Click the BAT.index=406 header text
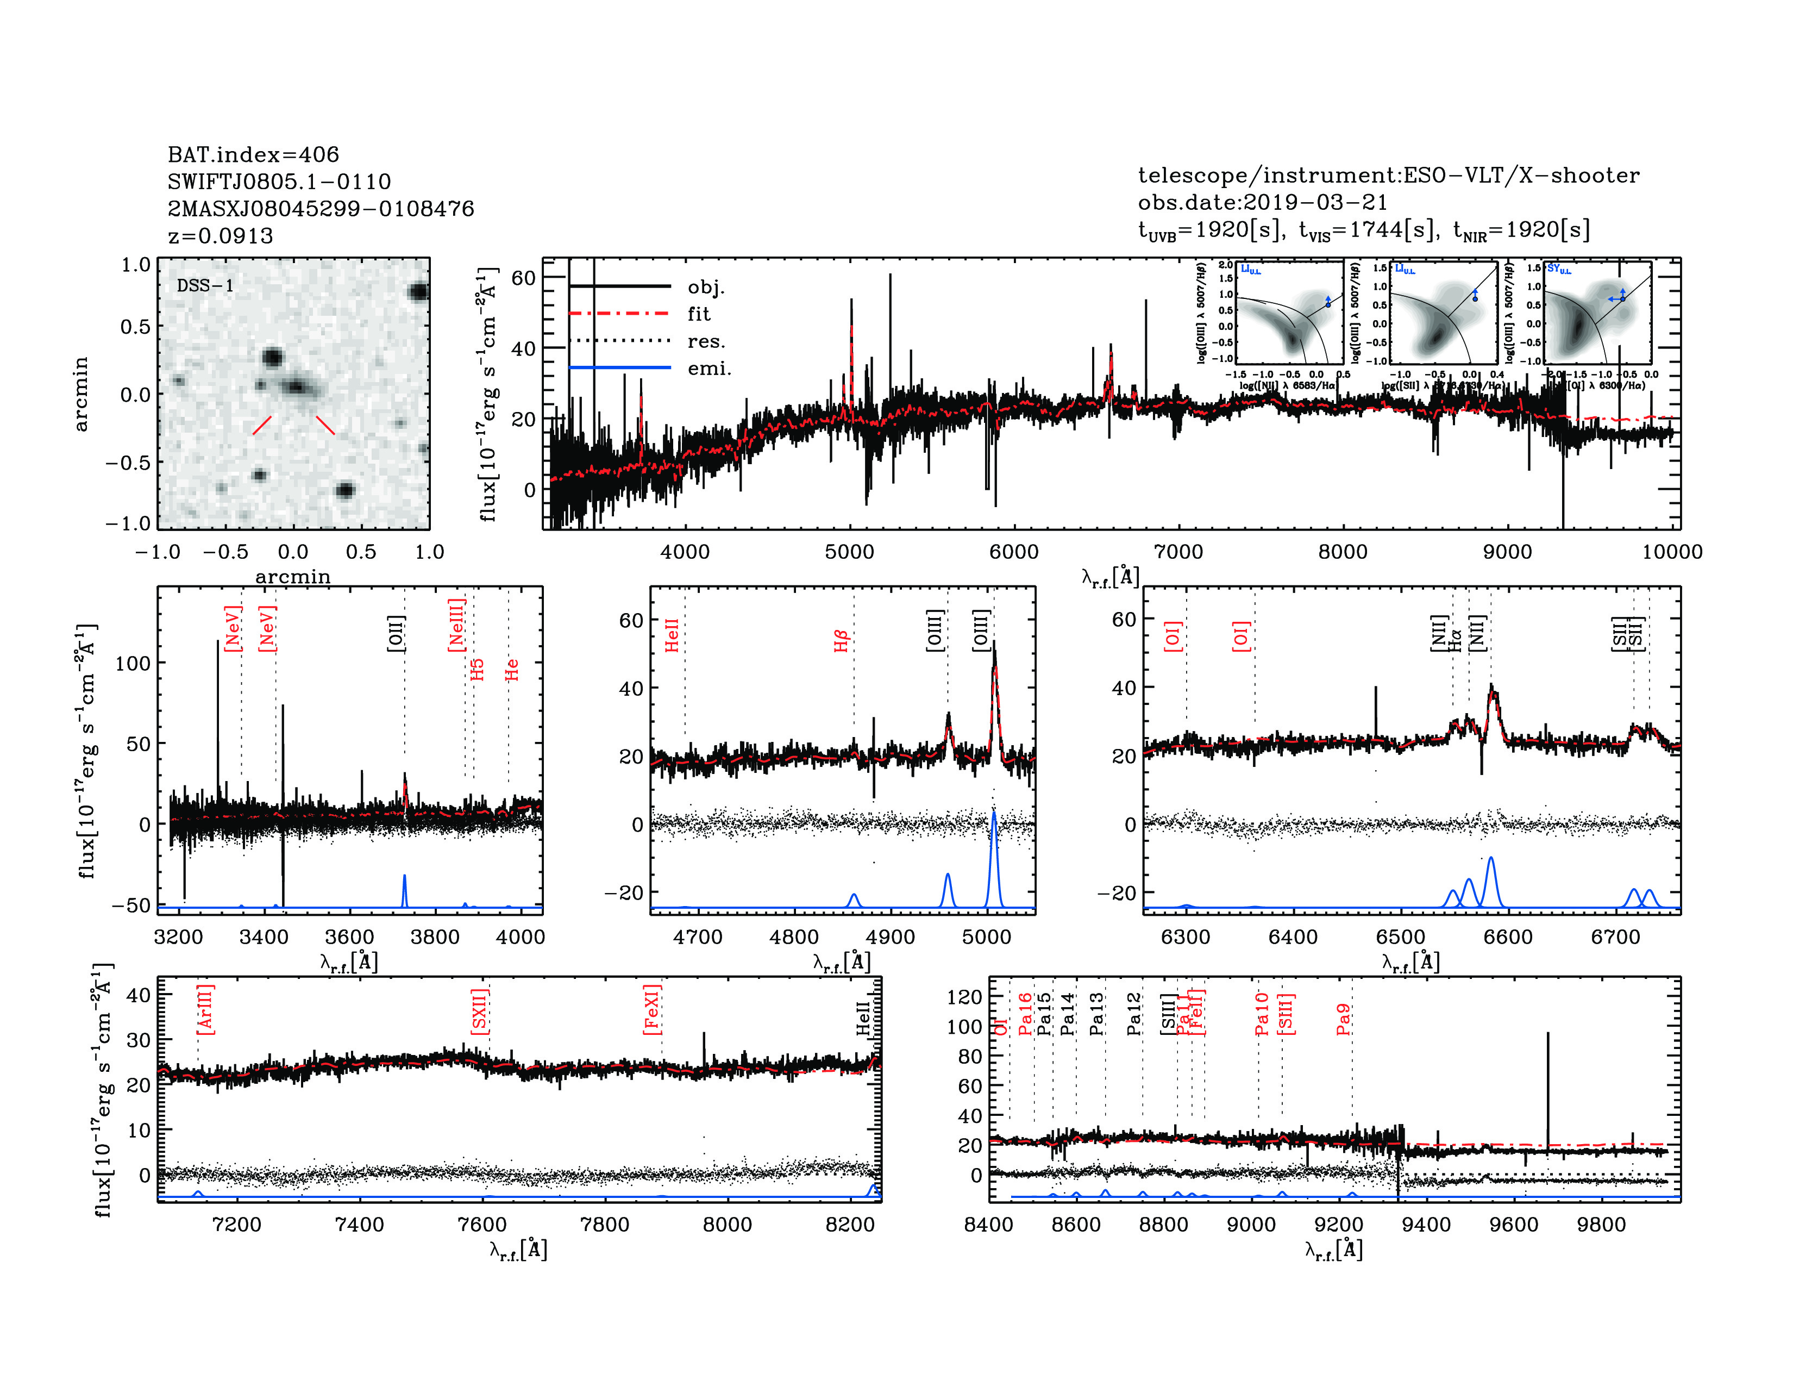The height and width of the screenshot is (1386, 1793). click(x=253, y=154)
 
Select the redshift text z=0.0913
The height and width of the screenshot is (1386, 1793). click(x=220, y=236)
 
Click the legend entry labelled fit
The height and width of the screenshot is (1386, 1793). click(x=699, y=314)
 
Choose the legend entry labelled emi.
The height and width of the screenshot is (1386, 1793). click(x=709, y=369)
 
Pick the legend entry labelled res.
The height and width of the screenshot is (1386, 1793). click(x=706, y=341)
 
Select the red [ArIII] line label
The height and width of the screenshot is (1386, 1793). click(x=205, y=1009)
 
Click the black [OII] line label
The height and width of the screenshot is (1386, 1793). click(x=396, y=633)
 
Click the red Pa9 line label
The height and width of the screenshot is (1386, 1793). click(x=1343, y=1019)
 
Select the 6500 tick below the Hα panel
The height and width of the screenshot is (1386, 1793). click(x=1401, y=937)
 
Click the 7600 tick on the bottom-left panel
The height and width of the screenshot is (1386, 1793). click(x=482, y=1224)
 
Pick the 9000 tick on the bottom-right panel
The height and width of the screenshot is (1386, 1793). click(x=1251, y=1224)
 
